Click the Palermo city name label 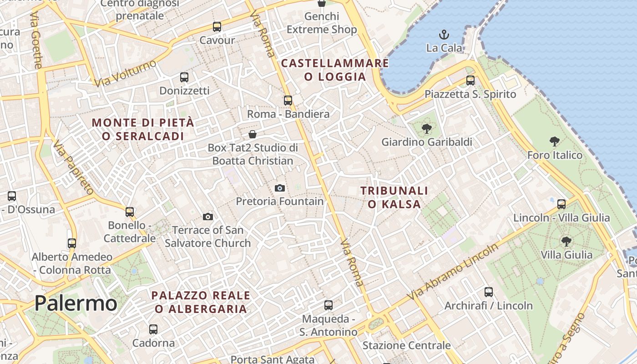point(76,303)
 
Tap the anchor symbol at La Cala point(443,35)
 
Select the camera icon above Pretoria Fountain point(280,188)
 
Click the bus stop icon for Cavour point(217,27)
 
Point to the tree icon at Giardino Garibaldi point(426,129)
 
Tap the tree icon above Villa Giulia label point(566,242)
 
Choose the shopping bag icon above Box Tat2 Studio point(253,134)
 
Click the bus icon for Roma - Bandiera point(288,101)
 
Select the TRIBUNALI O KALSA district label point(394,197)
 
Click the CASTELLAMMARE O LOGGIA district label point(335,70)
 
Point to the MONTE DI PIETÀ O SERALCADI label point(143,129)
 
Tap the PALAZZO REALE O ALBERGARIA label point(201,302)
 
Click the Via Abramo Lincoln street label point(453,272)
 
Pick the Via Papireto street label point(72,167)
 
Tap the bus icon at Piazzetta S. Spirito point(470,81)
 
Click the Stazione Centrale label point(406,345)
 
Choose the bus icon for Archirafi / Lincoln point(489,292)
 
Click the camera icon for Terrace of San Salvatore point(208,217)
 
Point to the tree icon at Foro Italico point(554,142)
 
